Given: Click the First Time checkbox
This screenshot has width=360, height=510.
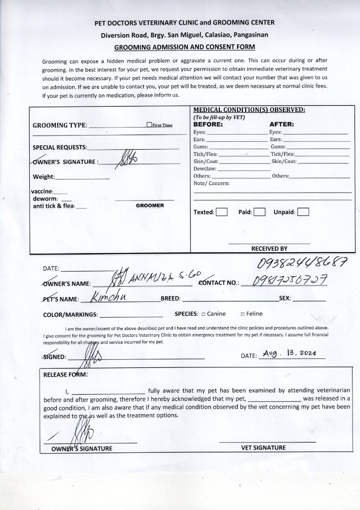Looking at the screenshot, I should coord(149,125).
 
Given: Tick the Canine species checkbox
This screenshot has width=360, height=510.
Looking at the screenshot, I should coord(203,314).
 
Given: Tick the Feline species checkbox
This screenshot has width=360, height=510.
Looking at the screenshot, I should coord(242,314).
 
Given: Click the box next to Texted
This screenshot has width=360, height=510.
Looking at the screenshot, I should coord(222,212).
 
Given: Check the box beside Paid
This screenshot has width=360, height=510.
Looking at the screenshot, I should coord(259,212).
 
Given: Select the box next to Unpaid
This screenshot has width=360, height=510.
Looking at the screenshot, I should coord(303,212).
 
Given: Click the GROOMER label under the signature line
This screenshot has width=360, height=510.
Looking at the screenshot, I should coord(150,206).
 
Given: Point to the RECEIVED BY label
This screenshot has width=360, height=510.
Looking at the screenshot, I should coord(269,248).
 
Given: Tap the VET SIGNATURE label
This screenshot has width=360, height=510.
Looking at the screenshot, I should coord(263,448).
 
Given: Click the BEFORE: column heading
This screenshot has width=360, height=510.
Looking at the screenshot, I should coord(208,125).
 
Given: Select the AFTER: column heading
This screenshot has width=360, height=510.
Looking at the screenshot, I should coord(282,125).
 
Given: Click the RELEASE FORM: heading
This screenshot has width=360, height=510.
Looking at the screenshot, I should coord(65,375).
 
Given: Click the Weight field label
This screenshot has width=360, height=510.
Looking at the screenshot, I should coord(43,177).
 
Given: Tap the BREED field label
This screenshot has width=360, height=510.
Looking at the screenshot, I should coord(171,299).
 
